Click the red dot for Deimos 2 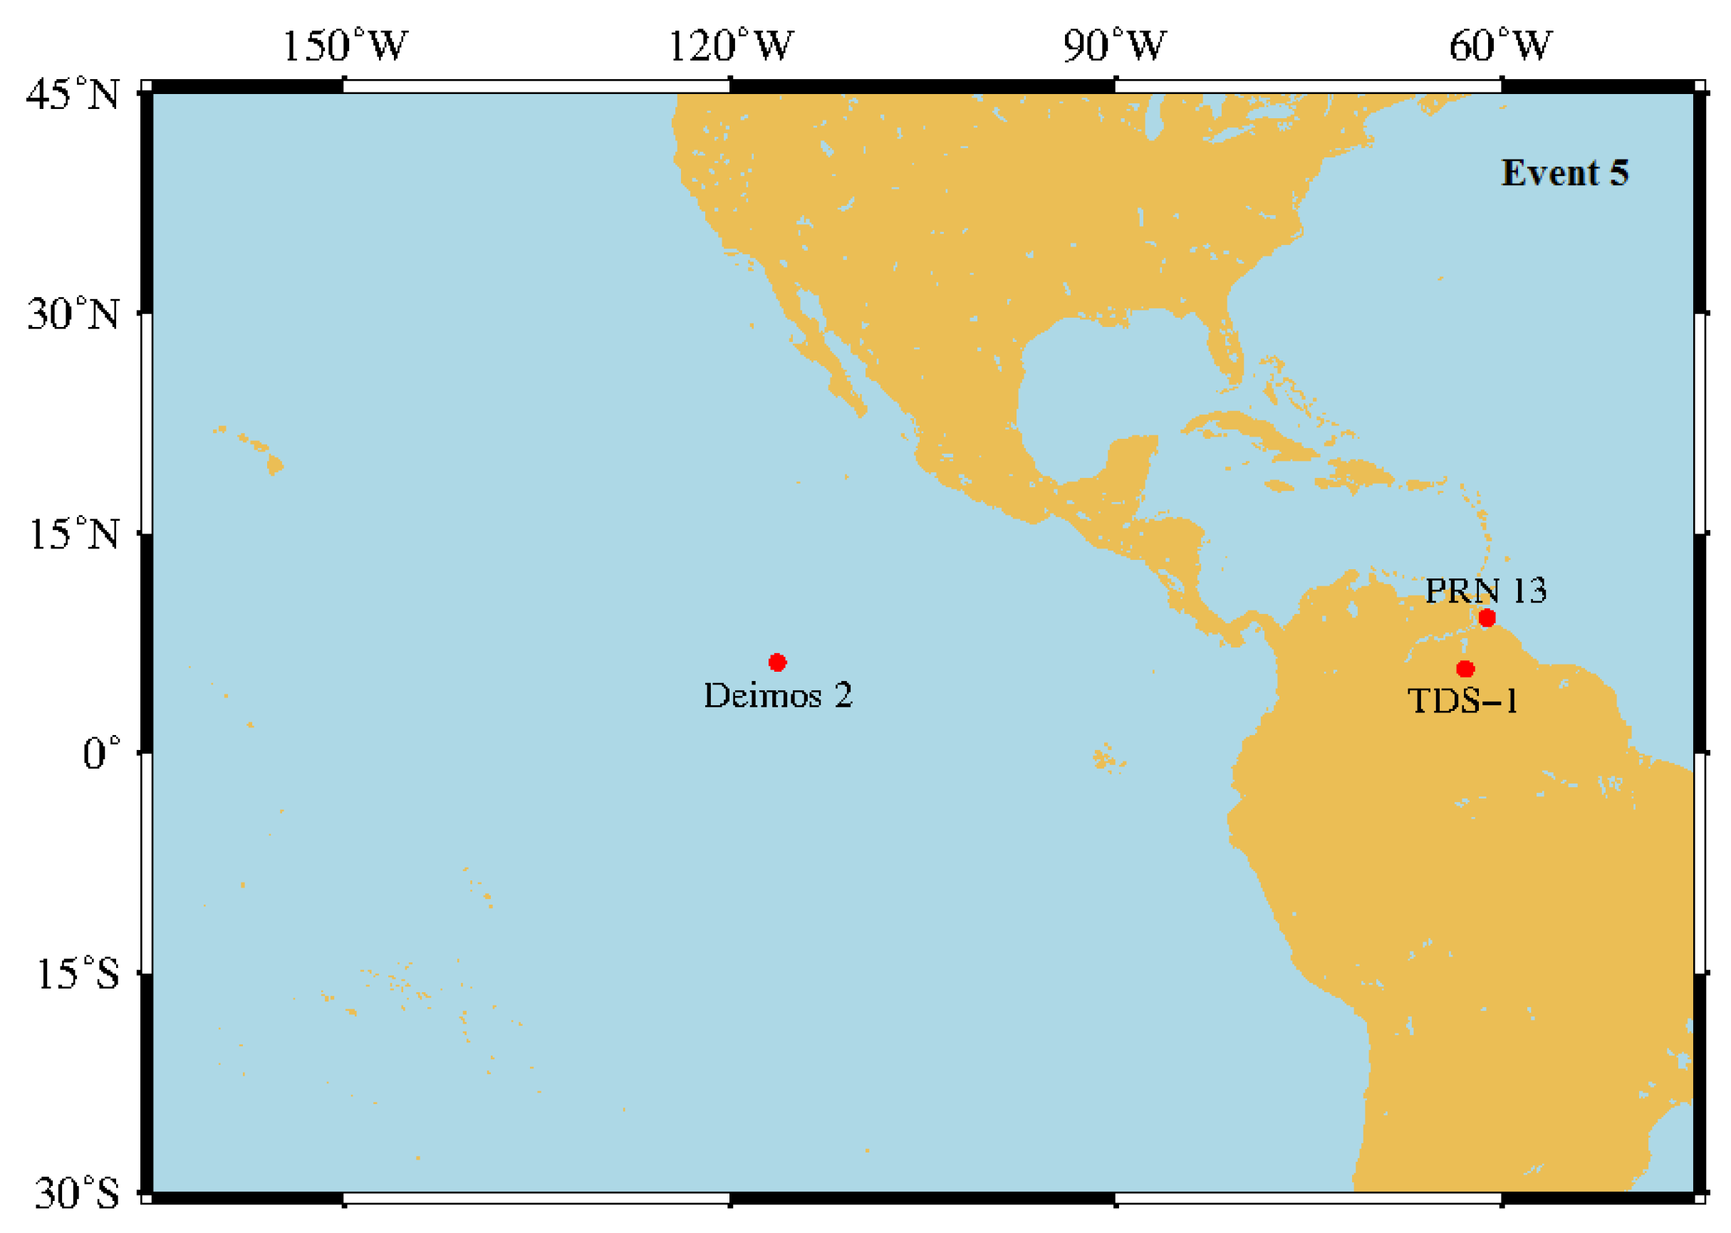pyautogui.click(x=776, y=663)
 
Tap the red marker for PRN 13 pyautogui.click(x=1487, y=618)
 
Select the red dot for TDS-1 pyautogui.click(x=1465, y=669)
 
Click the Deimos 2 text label pyautogui.click(x=777, y=695)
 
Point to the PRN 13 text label pyautogui.click(x=1485, y=591)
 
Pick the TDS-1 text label pyautogui.click(x=1462, y=701)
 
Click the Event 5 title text pyautogui.click(x=1565, y=173)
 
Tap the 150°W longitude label pyautogui.click(x=345, y=46)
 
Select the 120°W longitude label pyautogui.click(x=730, y=46)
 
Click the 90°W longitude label pyautogui.click(x=1114, y=46)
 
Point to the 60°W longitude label pyautogui.click(x=1500, y=46)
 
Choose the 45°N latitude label pyautogui.click(x=73, y=95)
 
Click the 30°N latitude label pyautogui.click(x=73, y=314)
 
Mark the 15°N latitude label pyautogui.click(x=73, y=534)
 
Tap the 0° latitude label pyautogui.click(x=101, y=754)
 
